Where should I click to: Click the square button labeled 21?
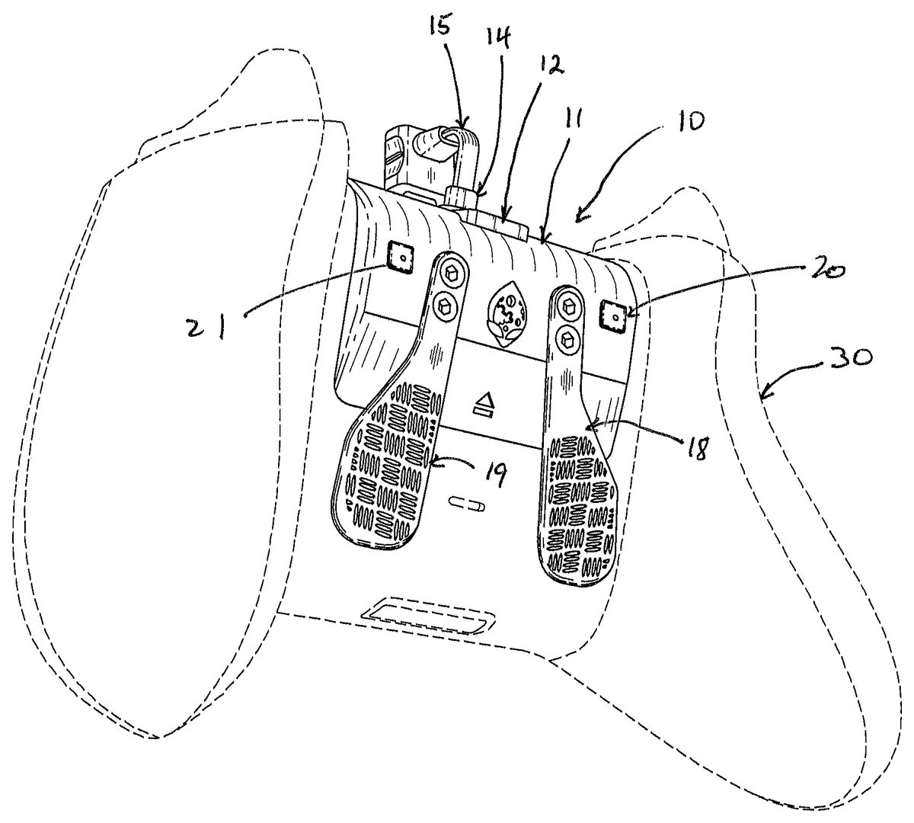(x=400, y=257)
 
